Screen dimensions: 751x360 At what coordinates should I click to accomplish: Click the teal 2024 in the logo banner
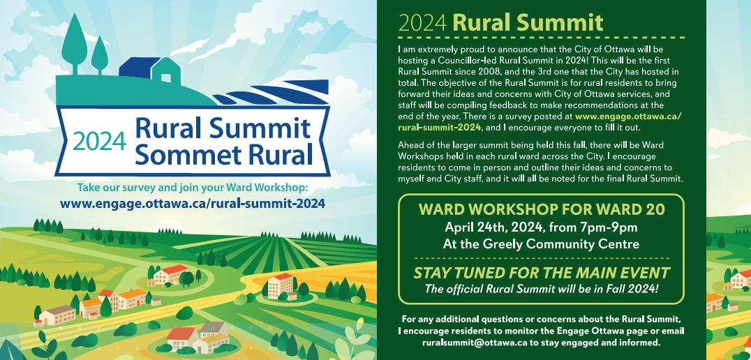[100, 141]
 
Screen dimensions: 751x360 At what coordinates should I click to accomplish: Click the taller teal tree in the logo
[75, 44]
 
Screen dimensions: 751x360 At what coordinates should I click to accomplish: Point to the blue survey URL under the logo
[193, 204]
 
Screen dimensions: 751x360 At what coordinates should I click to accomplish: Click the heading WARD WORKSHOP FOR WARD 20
[542, 210]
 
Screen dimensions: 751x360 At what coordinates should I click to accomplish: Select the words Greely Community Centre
[567, 244]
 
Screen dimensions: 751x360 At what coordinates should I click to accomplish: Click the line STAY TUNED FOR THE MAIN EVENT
[541, 273]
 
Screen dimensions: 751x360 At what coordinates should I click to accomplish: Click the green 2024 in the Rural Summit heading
[422, 22]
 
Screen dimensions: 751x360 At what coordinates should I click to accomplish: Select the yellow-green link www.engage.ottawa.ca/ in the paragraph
[628, 117]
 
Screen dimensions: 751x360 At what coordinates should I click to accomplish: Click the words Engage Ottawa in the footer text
[592, 331]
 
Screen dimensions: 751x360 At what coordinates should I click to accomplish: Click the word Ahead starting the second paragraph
[410, 145]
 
